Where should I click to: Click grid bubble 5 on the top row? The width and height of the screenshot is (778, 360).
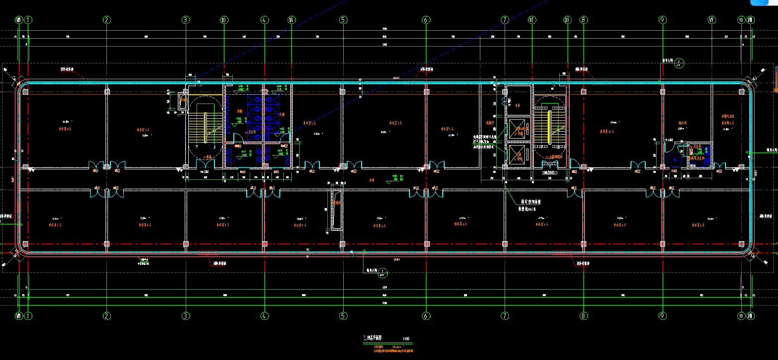tap(343, 20)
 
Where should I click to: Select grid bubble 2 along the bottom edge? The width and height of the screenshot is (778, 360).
tap(106, 316)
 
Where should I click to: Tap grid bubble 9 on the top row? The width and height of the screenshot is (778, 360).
tap(663, 20)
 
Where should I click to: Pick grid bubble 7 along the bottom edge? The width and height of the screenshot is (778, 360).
tap(505, 316)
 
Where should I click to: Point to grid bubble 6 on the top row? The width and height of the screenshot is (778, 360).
tap(426, 20)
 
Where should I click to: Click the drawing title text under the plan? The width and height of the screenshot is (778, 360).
tap(372, 338)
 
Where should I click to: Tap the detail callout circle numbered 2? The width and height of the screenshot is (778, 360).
tap(680, 63)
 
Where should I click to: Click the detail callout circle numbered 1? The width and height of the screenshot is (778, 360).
tap(382, 272)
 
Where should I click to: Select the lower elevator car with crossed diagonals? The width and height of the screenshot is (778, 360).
tap(518, 155)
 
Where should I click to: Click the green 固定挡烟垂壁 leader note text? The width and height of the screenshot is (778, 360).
tap(531, 202)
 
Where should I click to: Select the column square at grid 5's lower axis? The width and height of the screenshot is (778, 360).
tap(343, 244)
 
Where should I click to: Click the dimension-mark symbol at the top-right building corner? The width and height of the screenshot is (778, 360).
tap(754, 79)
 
